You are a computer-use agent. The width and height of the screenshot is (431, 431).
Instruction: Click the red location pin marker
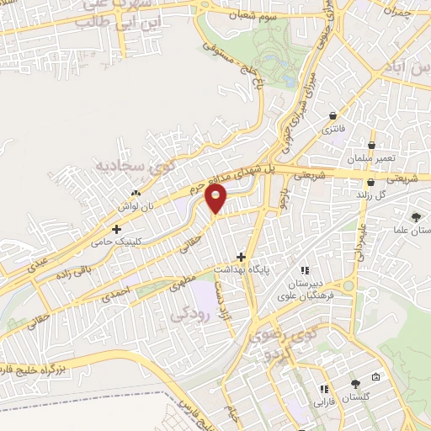(217, 200)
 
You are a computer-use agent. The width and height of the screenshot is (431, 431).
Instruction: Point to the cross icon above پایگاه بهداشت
(242, 256)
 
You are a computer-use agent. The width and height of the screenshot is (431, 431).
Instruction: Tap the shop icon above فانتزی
(334, 115)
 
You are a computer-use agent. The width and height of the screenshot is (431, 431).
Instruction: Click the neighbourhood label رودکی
(187, 314)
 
